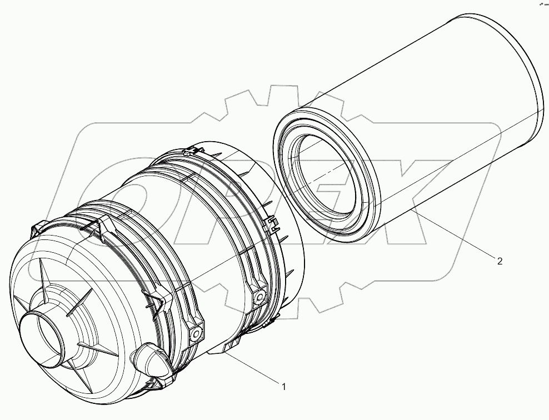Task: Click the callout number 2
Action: click(x=500, y=261)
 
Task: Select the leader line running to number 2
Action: click(x=456, y=234)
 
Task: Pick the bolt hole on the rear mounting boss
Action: click(x=257, y=297)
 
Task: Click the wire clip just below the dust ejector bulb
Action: click(x=153, y=384)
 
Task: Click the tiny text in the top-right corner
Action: click(x=541, y=4)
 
